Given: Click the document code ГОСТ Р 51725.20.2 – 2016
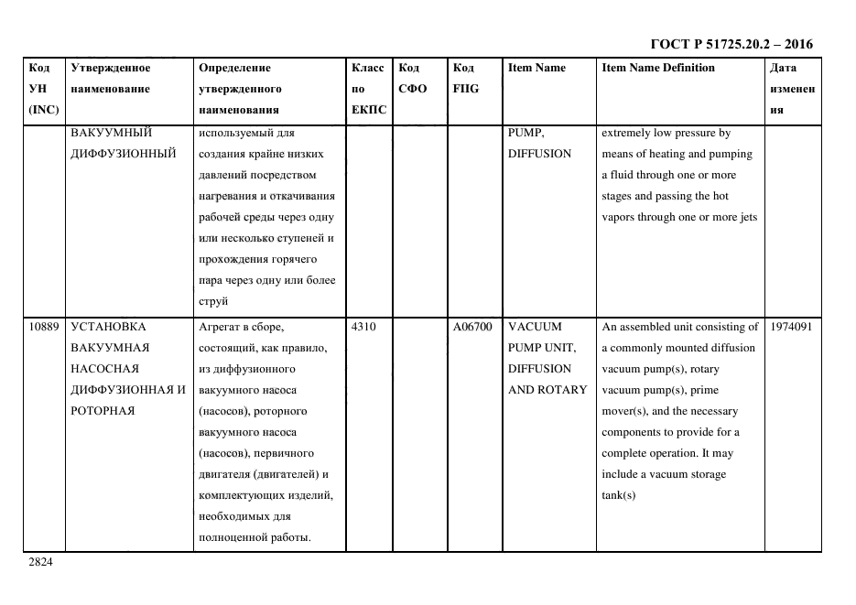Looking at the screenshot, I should click(x=731, y=44).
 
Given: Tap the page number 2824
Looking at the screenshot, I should click(x=39, y=562).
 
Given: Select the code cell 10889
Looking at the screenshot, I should click(x=44, y=327).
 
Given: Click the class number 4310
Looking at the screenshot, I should click(x=363, y=327).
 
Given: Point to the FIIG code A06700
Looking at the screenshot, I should click(x=472, y=327).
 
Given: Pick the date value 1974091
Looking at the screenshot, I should click(x=792, y=327).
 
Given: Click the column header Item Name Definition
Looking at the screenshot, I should click(x=657, y=68).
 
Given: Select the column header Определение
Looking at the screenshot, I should click(x=234, y=68).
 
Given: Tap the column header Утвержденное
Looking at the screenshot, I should click(x=111, y=68).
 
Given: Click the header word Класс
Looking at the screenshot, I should click(x=368, y=68).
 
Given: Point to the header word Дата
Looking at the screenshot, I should click(x=783, y=68).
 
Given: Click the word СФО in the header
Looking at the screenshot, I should click(x=412, y=89).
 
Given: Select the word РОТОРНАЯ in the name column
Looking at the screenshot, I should click(x=103, y=411).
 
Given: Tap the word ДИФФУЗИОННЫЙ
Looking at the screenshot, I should click(x=123, y=154).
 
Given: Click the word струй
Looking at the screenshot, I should click(x=213, y=301).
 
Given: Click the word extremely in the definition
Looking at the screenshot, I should click(x=628, y=133).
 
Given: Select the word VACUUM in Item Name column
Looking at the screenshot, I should click(x=535, y=327).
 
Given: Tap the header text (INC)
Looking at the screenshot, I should click(x=44, y=110).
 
